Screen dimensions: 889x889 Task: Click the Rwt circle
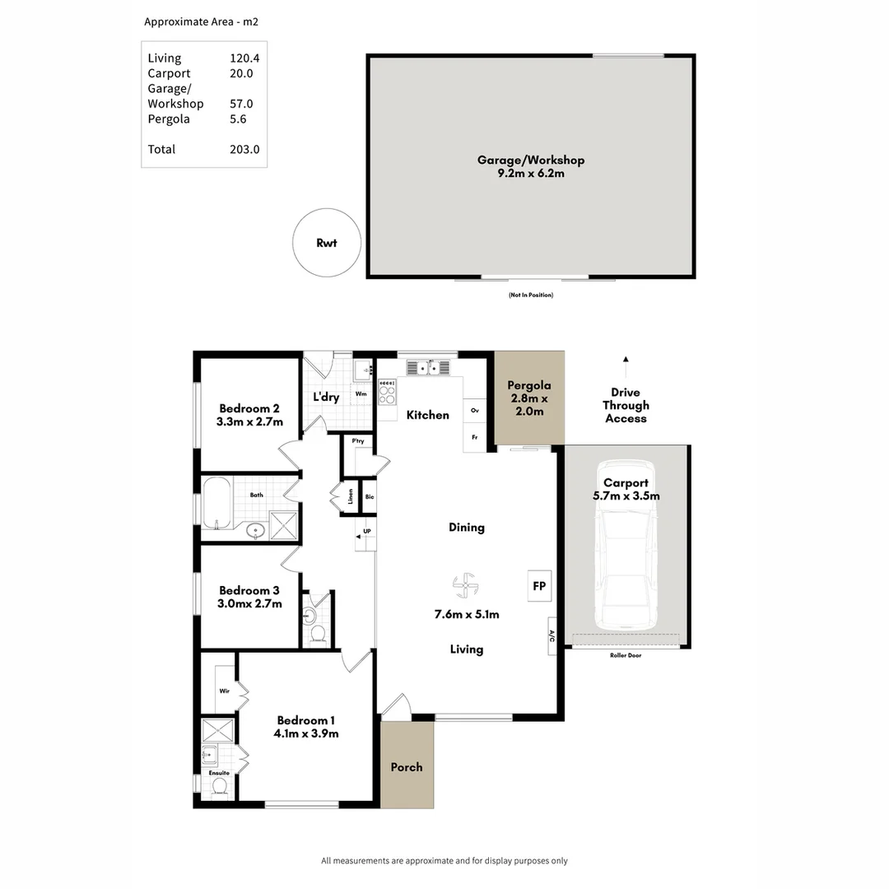327,244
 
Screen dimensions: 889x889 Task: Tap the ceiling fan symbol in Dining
466,587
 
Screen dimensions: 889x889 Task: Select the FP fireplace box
539,586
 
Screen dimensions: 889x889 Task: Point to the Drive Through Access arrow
626,360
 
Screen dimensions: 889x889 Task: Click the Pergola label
528,385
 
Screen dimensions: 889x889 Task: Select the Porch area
407,766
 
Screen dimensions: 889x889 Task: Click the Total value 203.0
244,149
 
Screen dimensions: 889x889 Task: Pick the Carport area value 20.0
241,73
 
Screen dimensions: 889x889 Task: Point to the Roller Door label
626,655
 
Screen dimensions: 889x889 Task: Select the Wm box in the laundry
361,394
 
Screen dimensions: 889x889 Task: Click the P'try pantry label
358,442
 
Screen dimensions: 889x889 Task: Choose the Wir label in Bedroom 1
223,692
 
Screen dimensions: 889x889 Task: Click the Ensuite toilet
219,787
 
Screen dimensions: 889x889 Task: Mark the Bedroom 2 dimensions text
249,422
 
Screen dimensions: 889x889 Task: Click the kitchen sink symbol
427,367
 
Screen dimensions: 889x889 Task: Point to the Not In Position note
531,295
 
